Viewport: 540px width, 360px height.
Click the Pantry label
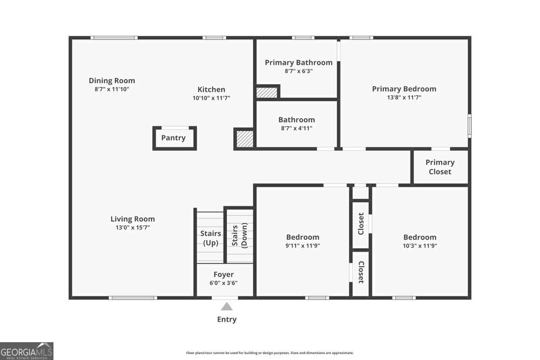point(173,138)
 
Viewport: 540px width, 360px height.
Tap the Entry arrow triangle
point(227,307)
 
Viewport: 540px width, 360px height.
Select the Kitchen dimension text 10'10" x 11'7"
point(212,98)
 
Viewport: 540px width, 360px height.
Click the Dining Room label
point(112,80)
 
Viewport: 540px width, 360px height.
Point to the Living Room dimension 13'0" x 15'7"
point(133,227)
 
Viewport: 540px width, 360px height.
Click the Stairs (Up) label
point(211,238)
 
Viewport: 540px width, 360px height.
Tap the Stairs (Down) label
point(240,235)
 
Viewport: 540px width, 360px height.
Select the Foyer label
point(224,274)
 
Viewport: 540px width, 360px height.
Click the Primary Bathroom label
point(299,63)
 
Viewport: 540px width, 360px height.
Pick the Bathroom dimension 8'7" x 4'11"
point(296,128)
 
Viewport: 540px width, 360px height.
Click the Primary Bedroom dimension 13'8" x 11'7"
point(404,97)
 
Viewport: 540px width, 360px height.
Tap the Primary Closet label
point(440,167)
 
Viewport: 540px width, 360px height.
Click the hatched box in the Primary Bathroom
point(267,93)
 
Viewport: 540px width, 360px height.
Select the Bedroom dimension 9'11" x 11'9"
point(303,246)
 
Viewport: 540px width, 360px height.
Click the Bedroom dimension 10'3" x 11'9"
point(420,246)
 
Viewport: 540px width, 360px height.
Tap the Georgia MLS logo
point(26,351)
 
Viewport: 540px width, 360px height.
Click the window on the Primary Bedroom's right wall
point(469,126)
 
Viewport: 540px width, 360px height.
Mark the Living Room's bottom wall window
point(133,298)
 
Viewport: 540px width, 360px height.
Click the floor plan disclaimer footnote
point(270,353)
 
